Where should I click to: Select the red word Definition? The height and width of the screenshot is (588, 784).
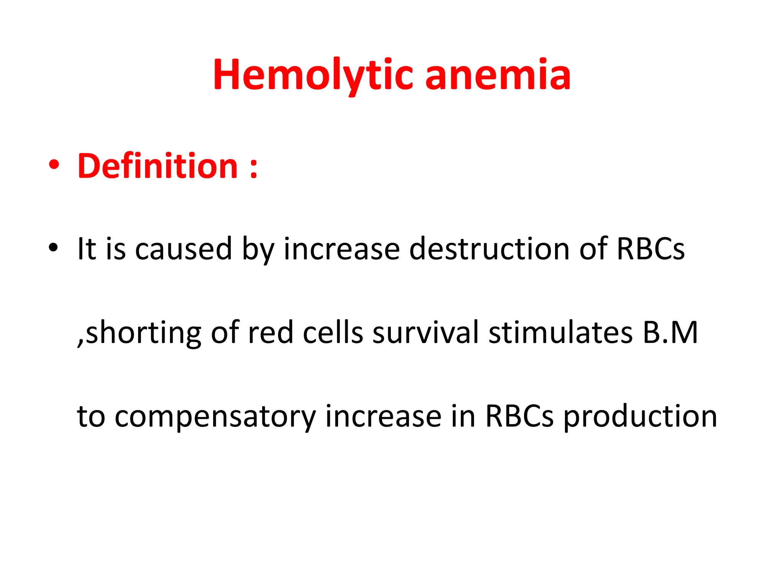[x=158, y=167]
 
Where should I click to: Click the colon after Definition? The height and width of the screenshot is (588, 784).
[x=253, y=168]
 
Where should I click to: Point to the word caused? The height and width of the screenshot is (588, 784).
[x=183, y=249]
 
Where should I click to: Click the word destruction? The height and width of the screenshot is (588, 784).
[x=489, y=249]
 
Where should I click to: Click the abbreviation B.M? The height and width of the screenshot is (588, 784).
[x=670, y=332]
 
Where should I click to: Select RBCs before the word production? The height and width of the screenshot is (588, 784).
[x=519, y=416]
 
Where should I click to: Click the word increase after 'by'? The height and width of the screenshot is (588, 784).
[x=341, y=249]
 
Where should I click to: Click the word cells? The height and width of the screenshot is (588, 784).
[x=333, y=332]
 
